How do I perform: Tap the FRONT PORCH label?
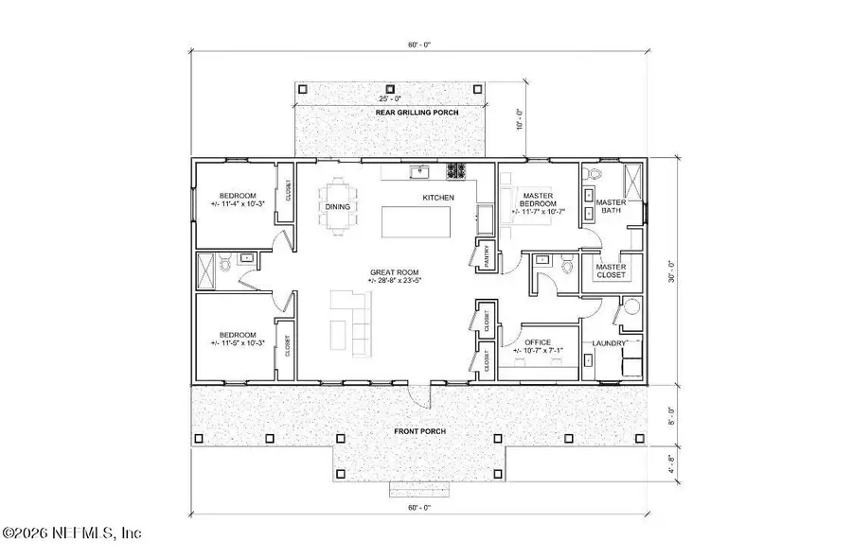pos(420,431)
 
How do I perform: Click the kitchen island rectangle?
pos(417,222)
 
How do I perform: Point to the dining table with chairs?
pos(338,207)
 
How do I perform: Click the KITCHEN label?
pos(438,197)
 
